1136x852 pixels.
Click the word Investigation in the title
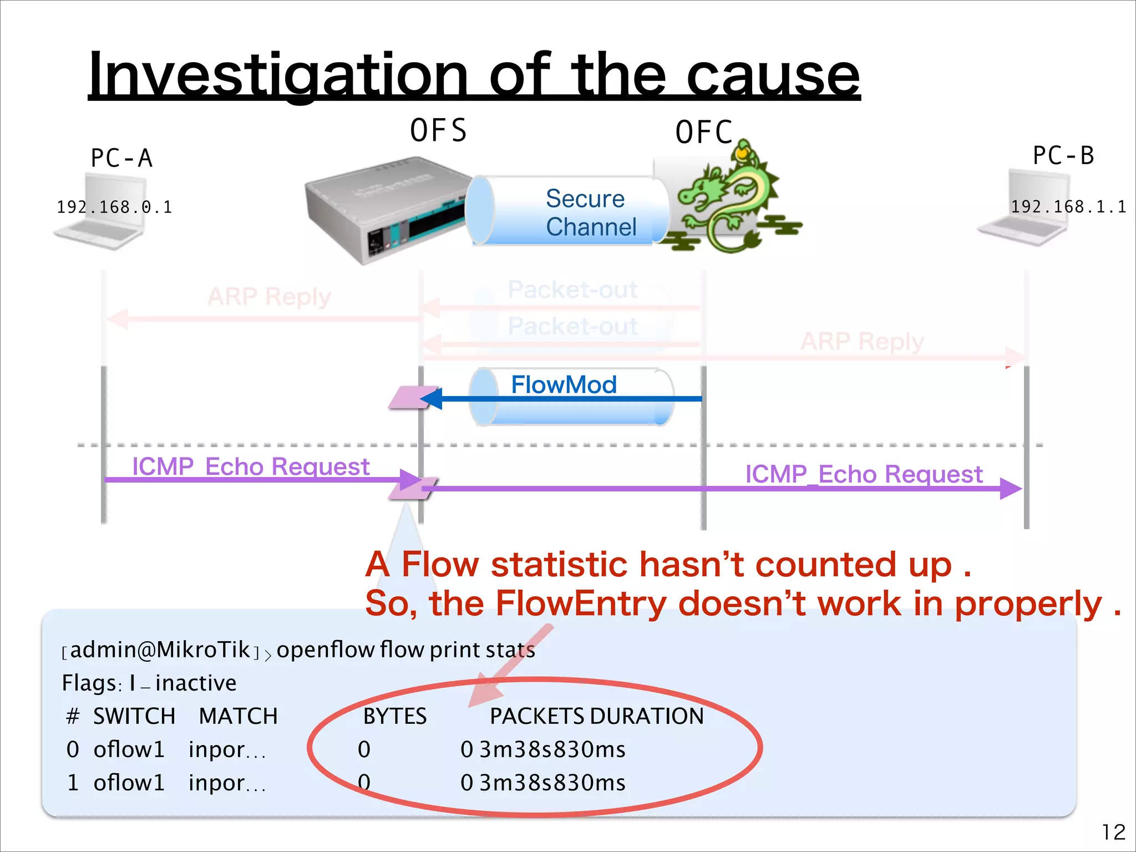tap(277, 75)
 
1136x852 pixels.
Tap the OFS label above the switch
tap(438, 131)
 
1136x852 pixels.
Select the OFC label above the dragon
tap(703, 133)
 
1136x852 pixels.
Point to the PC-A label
tap(121, 159)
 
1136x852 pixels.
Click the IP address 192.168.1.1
tap(1068, 207)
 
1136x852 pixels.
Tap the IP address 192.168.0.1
tap(114, 207)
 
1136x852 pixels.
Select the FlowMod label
tap(564, 384)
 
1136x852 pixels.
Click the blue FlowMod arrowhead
tap(432, 398)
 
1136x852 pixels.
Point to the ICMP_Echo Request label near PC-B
tap(863, 474)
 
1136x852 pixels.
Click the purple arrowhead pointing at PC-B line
tap(1011, 489)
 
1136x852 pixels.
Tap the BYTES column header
tap(394, 716)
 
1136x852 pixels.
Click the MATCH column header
tap(238, 716)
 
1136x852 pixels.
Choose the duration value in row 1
tap(552, 783)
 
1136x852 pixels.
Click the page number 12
tap(1113, 832)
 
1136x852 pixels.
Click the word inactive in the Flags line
tap(195, 683)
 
